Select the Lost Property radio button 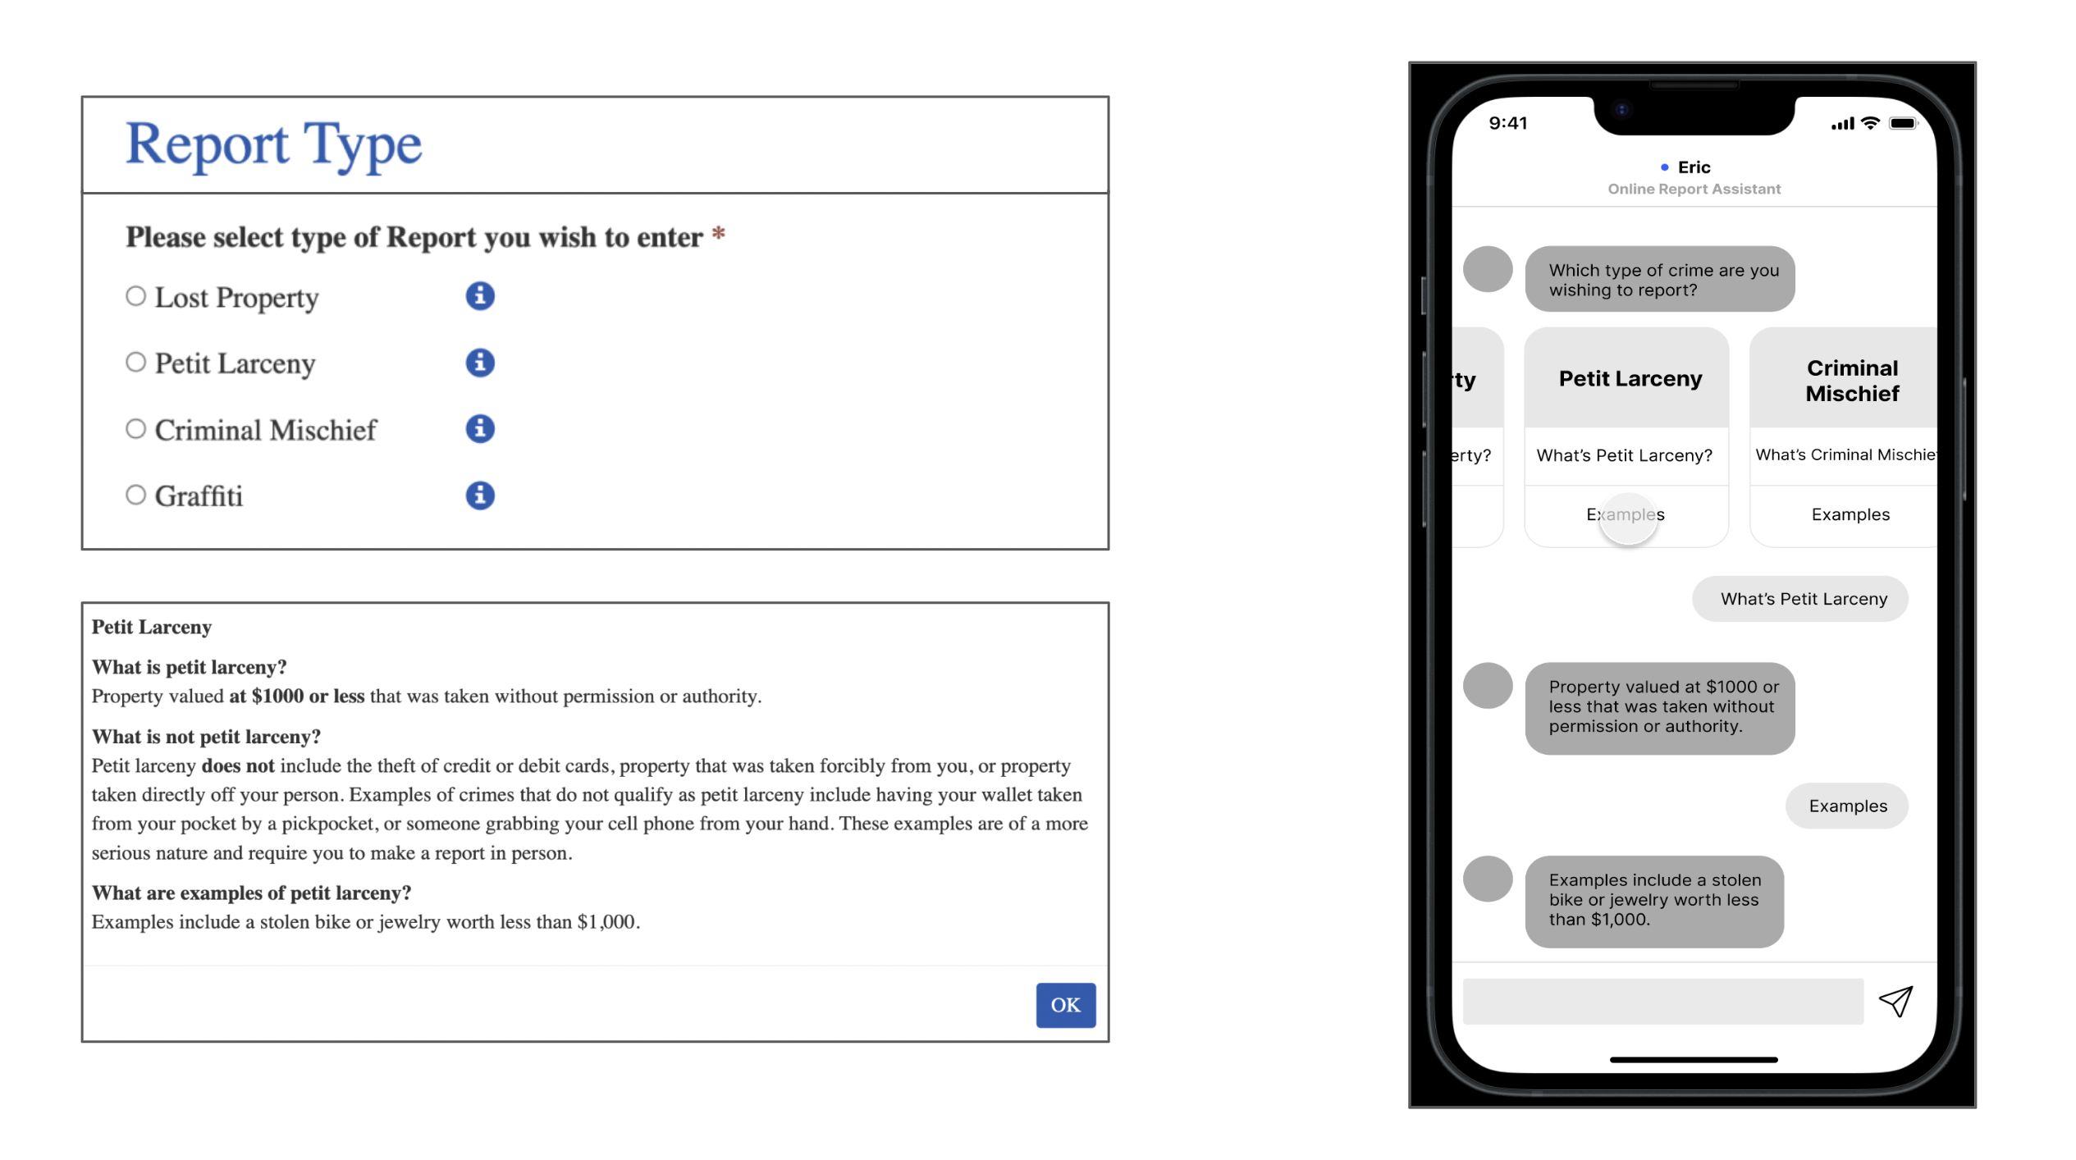tap(135, 296)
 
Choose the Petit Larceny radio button tap(135, 362)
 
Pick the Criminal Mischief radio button tap(135, 428)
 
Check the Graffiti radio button tap(135, 495)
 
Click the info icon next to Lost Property tap(480, 296)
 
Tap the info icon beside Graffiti tap(480, 495)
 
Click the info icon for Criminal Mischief tap(480, 428)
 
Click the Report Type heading tap(273, 144)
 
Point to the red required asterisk tap(718, 235)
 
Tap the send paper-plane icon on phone tap(1895, 1001)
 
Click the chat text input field tap(1662, 1001)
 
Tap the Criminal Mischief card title tap(1851, 381)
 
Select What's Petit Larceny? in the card tap(1624, 455)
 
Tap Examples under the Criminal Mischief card tap(1850, 514)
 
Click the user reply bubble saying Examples tap(1847, 806)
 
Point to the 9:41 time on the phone tap(1507, 123)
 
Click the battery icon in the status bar tap(1902, 123)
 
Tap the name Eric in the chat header tap(1694, 167)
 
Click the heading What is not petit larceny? tap(206, 736)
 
